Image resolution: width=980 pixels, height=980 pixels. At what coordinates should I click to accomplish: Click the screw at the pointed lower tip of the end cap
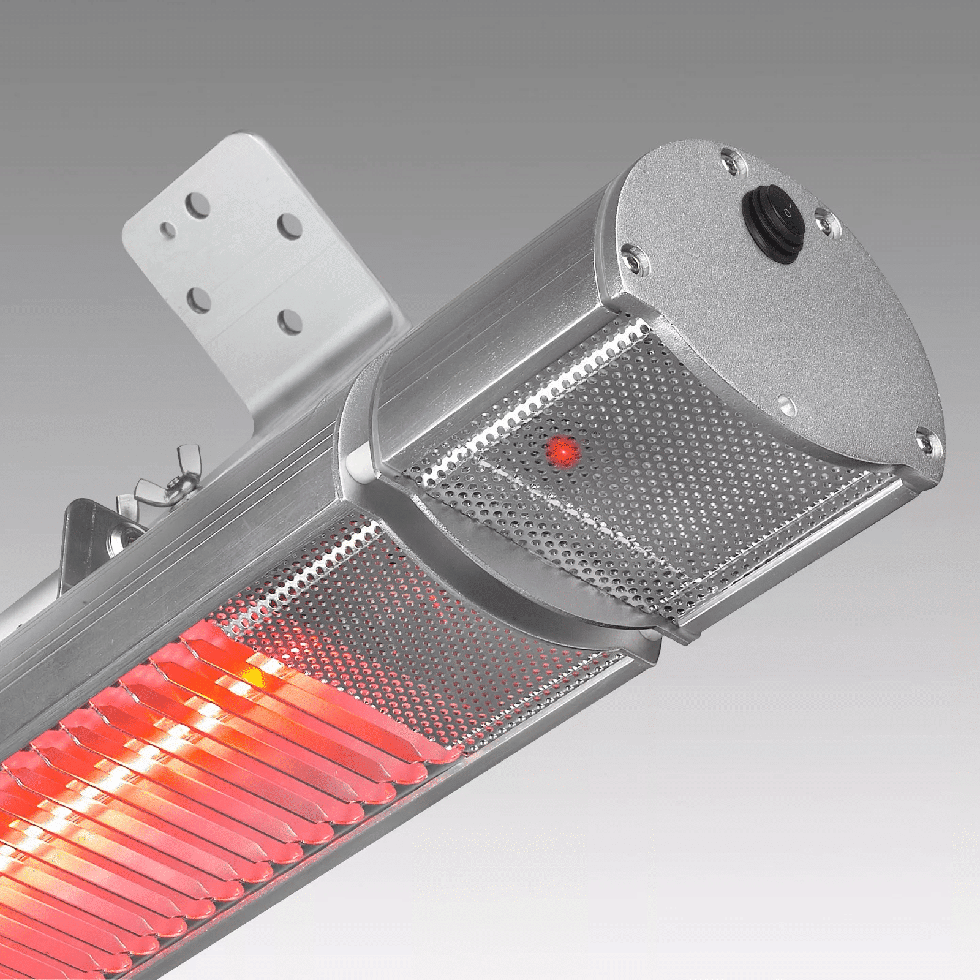[x=925, y=440]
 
